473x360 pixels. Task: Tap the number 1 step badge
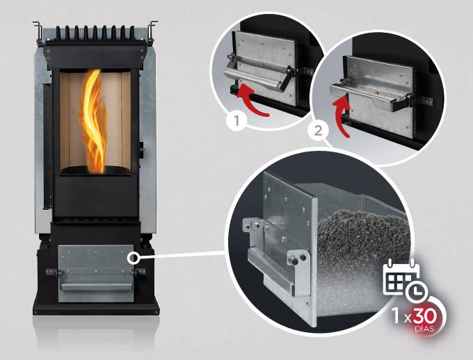(x=236, y=121)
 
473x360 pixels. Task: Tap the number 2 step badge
(x=318, y=131)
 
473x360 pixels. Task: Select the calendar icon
(x=401, y=276)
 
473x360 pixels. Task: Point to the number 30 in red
(x=424, y=316)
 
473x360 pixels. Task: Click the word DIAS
(x=424, y=328)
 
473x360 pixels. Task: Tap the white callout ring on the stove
(x=133, y=258)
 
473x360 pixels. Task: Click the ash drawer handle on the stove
(x=97, y=286)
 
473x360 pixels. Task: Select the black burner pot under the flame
(x=95, y=170)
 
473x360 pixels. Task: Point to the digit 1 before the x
(x=396, y=316)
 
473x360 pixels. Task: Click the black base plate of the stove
(x=96, y=308)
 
